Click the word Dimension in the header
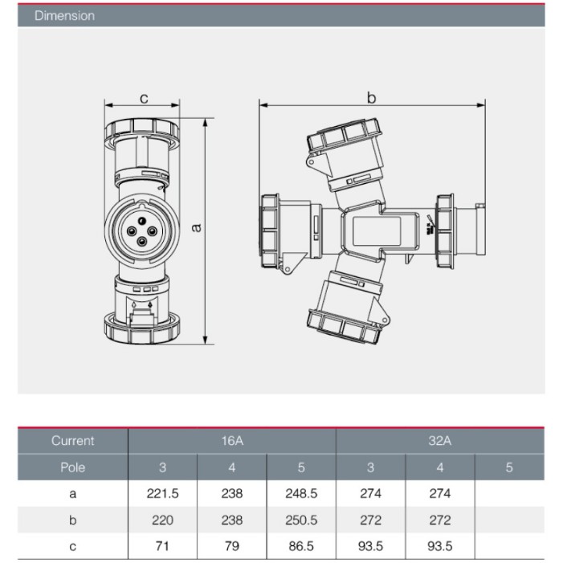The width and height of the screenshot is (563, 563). pyautogui.click(x=64, y=16)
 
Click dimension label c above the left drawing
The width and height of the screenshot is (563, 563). pyautogui.click(x=144, y=98)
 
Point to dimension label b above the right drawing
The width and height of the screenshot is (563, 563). pyautogui.click(x=372, y=97)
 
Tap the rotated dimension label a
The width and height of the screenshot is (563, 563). pyautogui.click(x=196, y=227)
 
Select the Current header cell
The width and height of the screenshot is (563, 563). pyautogui.click(x=72, y=441)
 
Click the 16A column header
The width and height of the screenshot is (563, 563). pyautogui.click(x=232, y=441)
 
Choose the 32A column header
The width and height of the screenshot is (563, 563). pyautogui.click(x=440, y=441)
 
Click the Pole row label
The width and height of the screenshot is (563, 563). pyautogui.click(x=72, y=467)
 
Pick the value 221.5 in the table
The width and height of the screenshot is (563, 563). pyautogui.click(x=163, y=494)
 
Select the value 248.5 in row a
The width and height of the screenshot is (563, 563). pyautogui.click(x=301, y=494)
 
